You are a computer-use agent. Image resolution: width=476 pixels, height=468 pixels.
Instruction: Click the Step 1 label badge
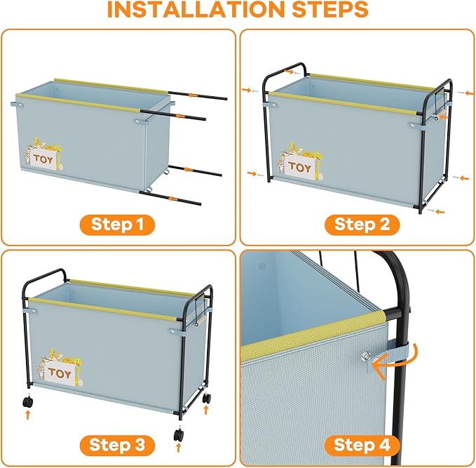(117, 225)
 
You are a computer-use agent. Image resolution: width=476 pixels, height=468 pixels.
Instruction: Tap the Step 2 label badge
(362, 225)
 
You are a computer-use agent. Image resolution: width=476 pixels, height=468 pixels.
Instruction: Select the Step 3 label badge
(117, 446)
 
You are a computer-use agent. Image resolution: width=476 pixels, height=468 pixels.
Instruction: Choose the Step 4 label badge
(362, 446)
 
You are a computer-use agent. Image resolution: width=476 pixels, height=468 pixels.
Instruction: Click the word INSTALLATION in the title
(196, 9)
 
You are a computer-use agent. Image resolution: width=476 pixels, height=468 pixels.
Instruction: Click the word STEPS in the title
(330, 9)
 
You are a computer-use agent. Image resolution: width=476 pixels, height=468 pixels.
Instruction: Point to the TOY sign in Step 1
(43, 159)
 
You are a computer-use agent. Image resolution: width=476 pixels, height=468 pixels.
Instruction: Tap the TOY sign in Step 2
(299, 167)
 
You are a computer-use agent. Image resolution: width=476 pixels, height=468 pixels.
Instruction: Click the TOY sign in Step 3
(60, 373)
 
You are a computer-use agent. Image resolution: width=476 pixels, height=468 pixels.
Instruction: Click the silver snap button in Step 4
(366, 356)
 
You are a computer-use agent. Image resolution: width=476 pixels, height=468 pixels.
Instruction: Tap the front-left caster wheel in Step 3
(28, 401)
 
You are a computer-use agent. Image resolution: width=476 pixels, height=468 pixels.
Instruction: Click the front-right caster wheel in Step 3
(179, 434)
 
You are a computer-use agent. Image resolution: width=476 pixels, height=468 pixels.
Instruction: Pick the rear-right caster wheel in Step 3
(206, 398)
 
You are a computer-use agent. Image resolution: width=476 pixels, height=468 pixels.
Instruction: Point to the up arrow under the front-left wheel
(28, 415)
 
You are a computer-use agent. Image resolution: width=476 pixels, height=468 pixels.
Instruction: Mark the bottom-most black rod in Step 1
(170, 198)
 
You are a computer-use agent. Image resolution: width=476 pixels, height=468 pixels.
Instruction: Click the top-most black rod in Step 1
(197, 95)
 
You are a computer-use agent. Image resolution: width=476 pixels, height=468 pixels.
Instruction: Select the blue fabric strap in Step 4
(395, 352)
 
